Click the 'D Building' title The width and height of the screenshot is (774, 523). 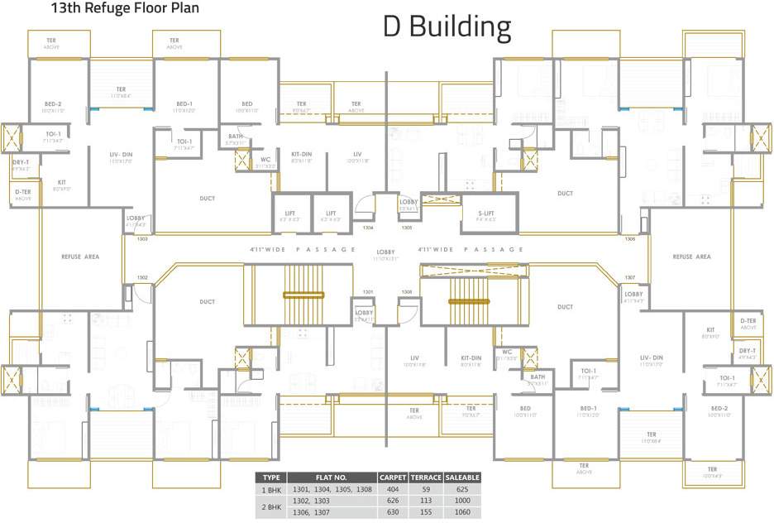pyautogui.click(x=447, y=27)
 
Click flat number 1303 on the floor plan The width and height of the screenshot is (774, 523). pyautogui.click(x=142, y=238)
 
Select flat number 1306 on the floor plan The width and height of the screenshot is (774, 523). pyautogui.click(x=630, y=238)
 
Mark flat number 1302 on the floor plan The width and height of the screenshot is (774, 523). pyautogui.click(x=142, y=277)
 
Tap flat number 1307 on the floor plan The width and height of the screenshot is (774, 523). pyautogui.click(x=630, y=277)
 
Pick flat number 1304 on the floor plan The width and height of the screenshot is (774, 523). pyautogui.click(x=368, y=227)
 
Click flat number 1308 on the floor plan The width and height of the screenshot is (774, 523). pyautogui.click(x=407, y=291)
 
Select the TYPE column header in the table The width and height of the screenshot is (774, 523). pyautogui.click(x=271, y=477)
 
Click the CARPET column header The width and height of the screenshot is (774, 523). pyautogui.click(x=393, y=477)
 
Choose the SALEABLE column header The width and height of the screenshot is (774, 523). pyautogui.click(x=462, y=477)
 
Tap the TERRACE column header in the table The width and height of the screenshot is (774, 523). pyautogui.click(x=426, y=477)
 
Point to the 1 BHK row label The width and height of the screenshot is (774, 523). pyautogui.click(x=271, y=490)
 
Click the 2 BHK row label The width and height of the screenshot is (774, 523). pyautogui.click(x=271, y=506)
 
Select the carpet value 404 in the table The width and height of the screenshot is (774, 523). pyautogui.click(x=393, y=490)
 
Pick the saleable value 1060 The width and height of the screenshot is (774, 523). pyautogui.click(x=462, y=512)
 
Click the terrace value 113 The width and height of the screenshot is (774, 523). pyautogui.click(x=426, y=501)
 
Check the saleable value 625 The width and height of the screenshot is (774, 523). pyautogui.click(x=462, y=490)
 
